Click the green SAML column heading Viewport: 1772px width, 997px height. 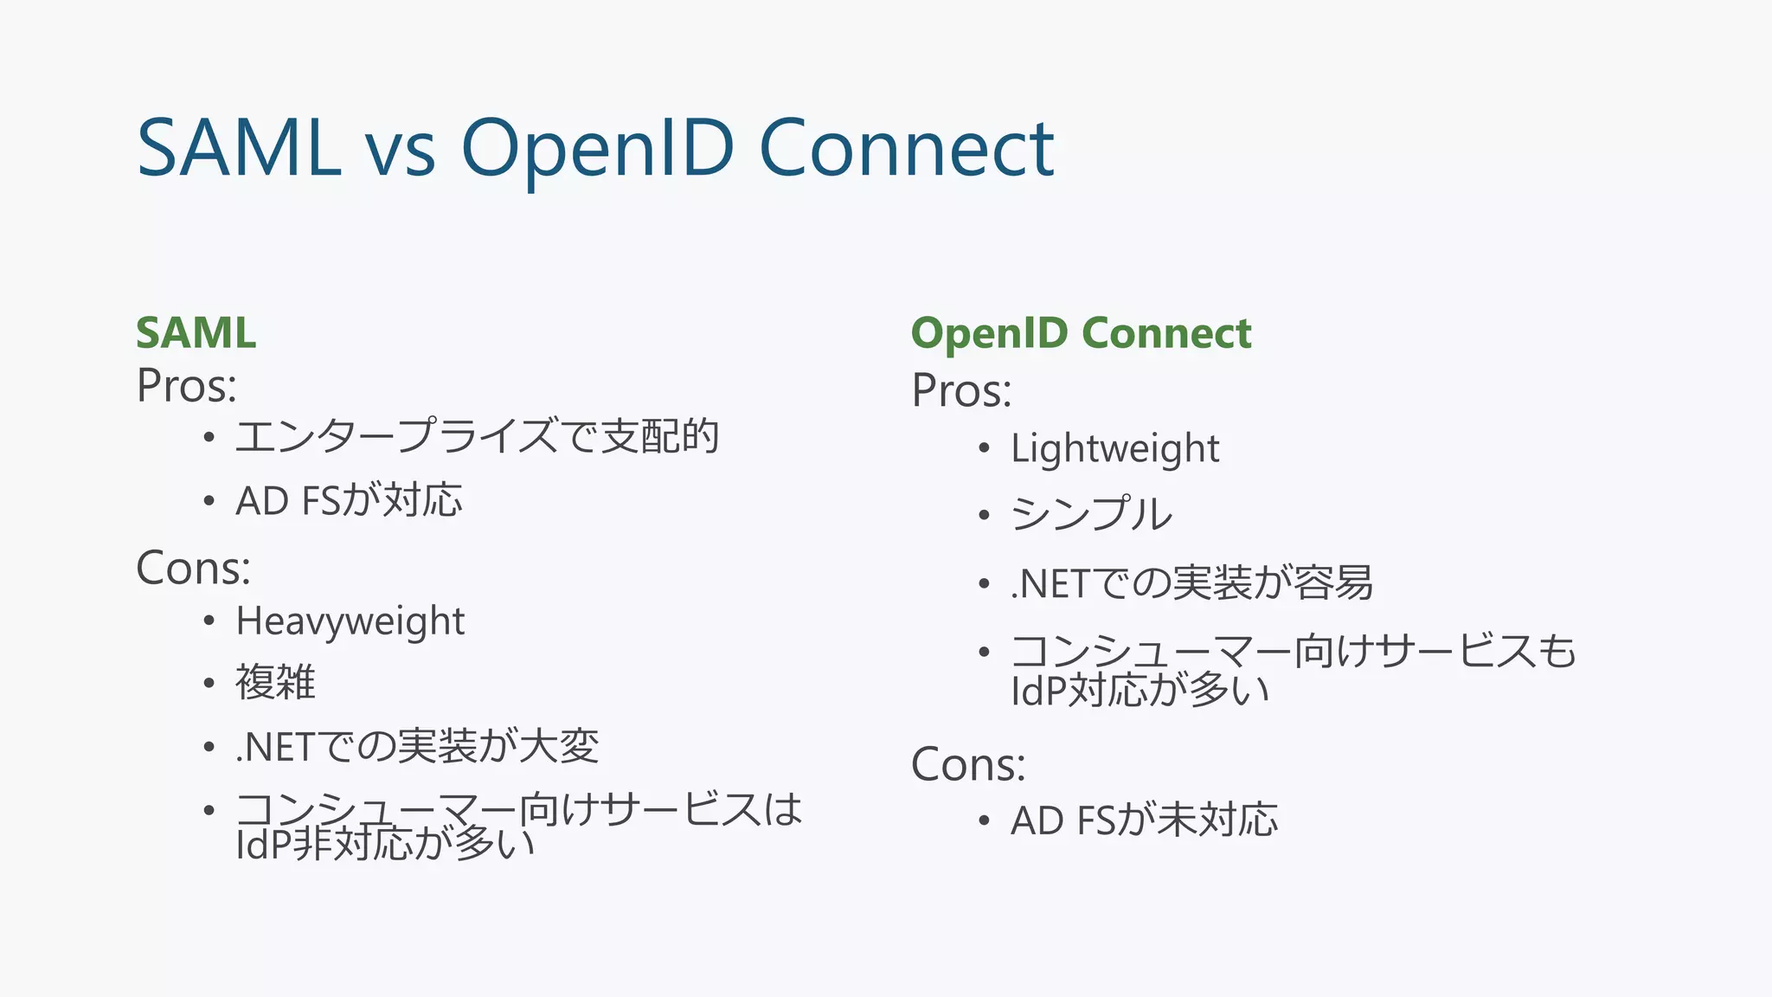pyautogui.click(x=196, y=333)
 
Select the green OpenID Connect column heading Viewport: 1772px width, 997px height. pyautogui.click(x=1081, y=333)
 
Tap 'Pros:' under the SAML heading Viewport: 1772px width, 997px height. pyautogui.click(x=186, y=386)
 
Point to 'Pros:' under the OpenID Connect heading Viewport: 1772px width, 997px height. pyautogui.click(x=961, y=390)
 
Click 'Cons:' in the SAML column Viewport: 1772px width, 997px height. pyautogui.click(x=194, y=569)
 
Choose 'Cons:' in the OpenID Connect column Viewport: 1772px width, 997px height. pyautogui.click(x=968, y=764)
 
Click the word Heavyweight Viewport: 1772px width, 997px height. pyautogui.click(x=350, y=621)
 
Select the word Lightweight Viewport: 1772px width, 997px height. pyautogui.click(x=1115, y=448)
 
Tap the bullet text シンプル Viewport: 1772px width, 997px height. pyautogui.click(x=1092, y=514)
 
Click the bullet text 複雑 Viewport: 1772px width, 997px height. pyautogui.click(x=275, y=682)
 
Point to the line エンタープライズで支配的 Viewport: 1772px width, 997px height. pyautogui.click(x=477, y=435)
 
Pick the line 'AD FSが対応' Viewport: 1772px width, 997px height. pyautogui.click(x=349, y=501)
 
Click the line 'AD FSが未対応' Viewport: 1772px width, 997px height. pyautogui.click(x=1144, y=820)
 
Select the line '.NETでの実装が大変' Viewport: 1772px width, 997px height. pyautogui.click(x=417, y=747)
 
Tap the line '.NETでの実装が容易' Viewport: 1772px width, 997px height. pyautogui.click(x=1191, y=583)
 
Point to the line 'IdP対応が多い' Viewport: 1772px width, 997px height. pyautogui.click(x=1140, y=691)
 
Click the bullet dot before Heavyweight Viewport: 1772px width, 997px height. pyautogui.click(x=209, y=621)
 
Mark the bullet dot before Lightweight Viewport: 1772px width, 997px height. pyautogui.click(x=984, y=448)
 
